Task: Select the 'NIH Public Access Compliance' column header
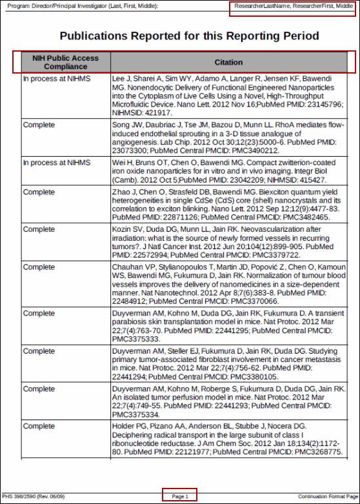(65, 62)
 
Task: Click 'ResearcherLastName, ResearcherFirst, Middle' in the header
(294, 6)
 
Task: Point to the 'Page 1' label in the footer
(180, 496)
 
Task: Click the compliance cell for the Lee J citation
(56, 79)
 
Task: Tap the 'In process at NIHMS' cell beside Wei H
(56, 163)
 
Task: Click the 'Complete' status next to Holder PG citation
(39, 427)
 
